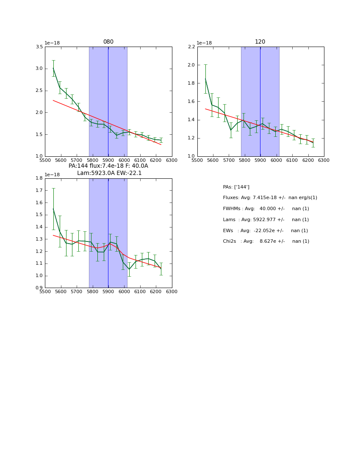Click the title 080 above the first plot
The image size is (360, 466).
(x=108, y=42)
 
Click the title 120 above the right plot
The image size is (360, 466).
(x=260, y=42)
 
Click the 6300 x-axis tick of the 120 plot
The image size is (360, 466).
(x=324, y=160)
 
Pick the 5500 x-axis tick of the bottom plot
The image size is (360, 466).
(x=45, y=292)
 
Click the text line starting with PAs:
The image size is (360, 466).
(x=236, y=187)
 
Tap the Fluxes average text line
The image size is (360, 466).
(x=270, y=198)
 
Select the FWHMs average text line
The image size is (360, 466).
(x=266, y=209)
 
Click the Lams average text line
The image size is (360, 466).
(x=266, y=220)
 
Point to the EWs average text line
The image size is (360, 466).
(x=265, y=230)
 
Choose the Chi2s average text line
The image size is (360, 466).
(x=266, y=241)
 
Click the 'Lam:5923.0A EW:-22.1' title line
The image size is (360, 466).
(x=109, y=173)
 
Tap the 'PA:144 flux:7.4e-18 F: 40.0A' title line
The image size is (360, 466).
(x=108, y=166)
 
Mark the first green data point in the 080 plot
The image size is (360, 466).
(x=53, y=68)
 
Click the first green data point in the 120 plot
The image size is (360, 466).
(x=205, y=79)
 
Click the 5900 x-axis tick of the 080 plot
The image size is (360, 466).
(x=108, y=160)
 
